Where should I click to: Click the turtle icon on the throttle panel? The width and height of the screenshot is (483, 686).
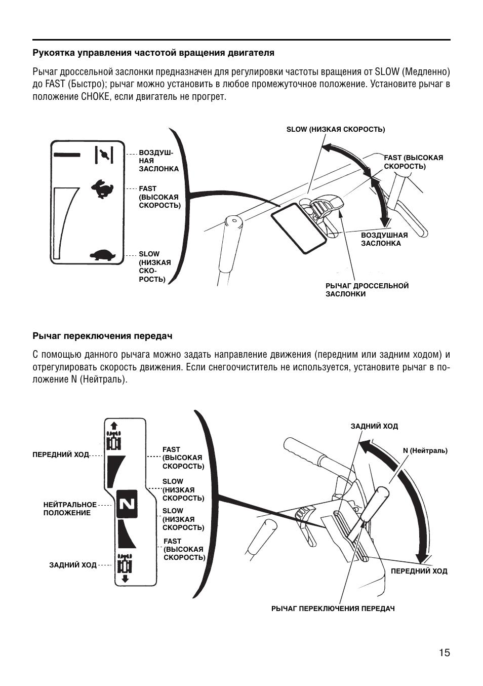(103, 254)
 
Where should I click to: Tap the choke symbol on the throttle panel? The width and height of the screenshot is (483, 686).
(104, 155)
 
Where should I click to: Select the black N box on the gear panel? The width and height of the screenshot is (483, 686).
(127, 504)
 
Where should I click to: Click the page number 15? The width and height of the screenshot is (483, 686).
(444, 653)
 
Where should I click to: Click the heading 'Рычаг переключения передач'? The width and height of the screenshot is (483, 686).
(103, 336)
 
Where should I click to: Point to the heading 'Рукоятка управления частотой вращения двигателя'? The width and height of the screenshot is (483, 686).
(153, 53)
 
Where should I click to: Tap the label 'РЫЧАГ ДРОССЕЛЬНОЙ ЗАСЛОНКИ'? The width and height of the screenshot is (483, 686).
(367, 290)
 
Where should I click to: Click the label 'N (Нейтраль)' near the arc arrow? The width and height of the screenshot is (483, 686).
(425, 450)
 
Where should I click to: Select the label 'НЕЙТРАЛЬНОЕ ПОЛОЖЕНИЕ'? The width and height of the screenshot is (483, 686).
(69, 509)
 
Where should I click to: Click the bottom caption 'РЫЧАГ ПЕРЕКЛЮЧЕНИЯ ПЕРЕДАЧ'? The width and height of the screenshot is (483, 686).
(333, 608)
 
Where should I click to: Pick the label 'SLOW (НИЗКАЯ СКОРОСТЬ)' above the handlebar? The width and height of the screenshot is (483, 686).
(335, 129)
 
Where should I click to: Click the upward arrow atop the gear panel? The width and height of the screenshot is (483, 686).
(113, 425)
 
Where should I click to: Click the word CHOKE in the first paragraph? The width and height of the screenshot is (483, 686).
(92, 97)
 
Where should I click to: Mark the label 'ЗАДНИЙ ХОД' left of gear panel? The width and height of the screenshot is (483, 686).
(72, 565)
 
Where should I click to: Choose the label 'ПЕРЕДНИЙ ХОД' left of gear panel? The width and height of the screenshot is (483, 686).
(60, 454)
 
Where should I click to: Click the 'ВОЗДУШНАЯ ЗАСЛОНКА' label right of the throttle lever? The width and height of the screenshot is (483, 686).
(384, 239)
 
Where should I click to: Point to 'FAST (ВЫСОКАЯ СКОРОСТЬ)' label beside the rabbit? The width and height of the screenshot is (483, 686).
(159, 197)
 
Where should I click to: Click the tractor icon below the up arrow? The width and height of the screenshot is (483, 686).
(114, 441)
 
